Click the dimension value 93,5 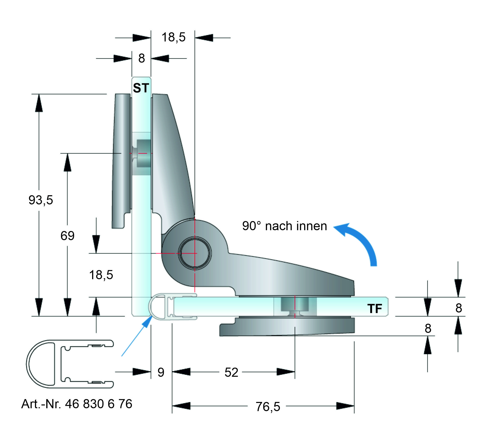(x=41, y=200)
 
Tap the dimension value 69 (x=67, y=236)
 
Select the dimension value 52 (x=231, y=372)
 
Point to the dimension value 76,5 (x=268, y=407)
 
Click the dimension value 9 (x=161, y=372)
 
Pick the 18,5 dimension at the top (x=174, y=37)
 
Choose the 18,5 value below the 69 (x=101, y=275)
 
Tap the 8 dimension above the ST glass (x=142, y=58)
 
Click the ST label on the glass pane (x=141, y=88)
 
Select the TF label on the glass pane (x=375, y=308)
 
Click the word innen (x=312, y=226)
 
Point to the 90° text (x=252, y=226)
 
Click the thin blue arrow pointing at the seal (x=135, y=336)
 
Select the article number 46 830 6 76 (x=98, y=404)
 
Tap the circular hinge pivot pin (x=195, y=253)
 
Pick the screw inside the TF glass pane (x=295, y=306)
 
